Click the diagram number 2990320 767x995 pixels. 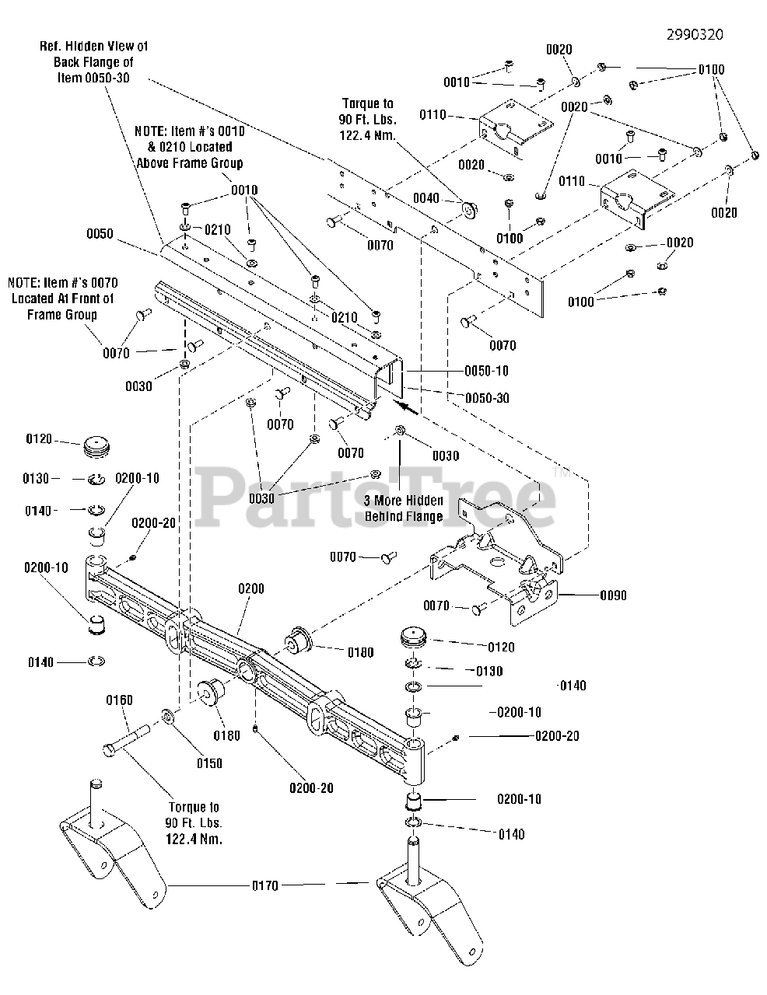(695, 35)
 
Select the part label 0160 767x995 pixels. (119, 700)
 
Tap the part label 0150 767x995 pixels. (209, 763)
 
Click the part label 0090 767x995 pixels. (613, 596)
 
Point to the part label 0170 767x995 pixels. (264, 885)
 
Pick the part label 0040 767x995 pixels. (426, 199)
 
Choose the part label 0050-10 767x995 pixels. (487, 371)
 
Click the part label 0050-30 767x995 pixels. (487, 398)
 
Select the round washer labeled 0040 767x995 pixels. (469, 208)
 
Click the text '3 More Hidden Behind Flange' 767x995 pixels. (404, 508)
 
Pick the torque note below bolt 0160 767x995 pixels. (193, 823)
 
